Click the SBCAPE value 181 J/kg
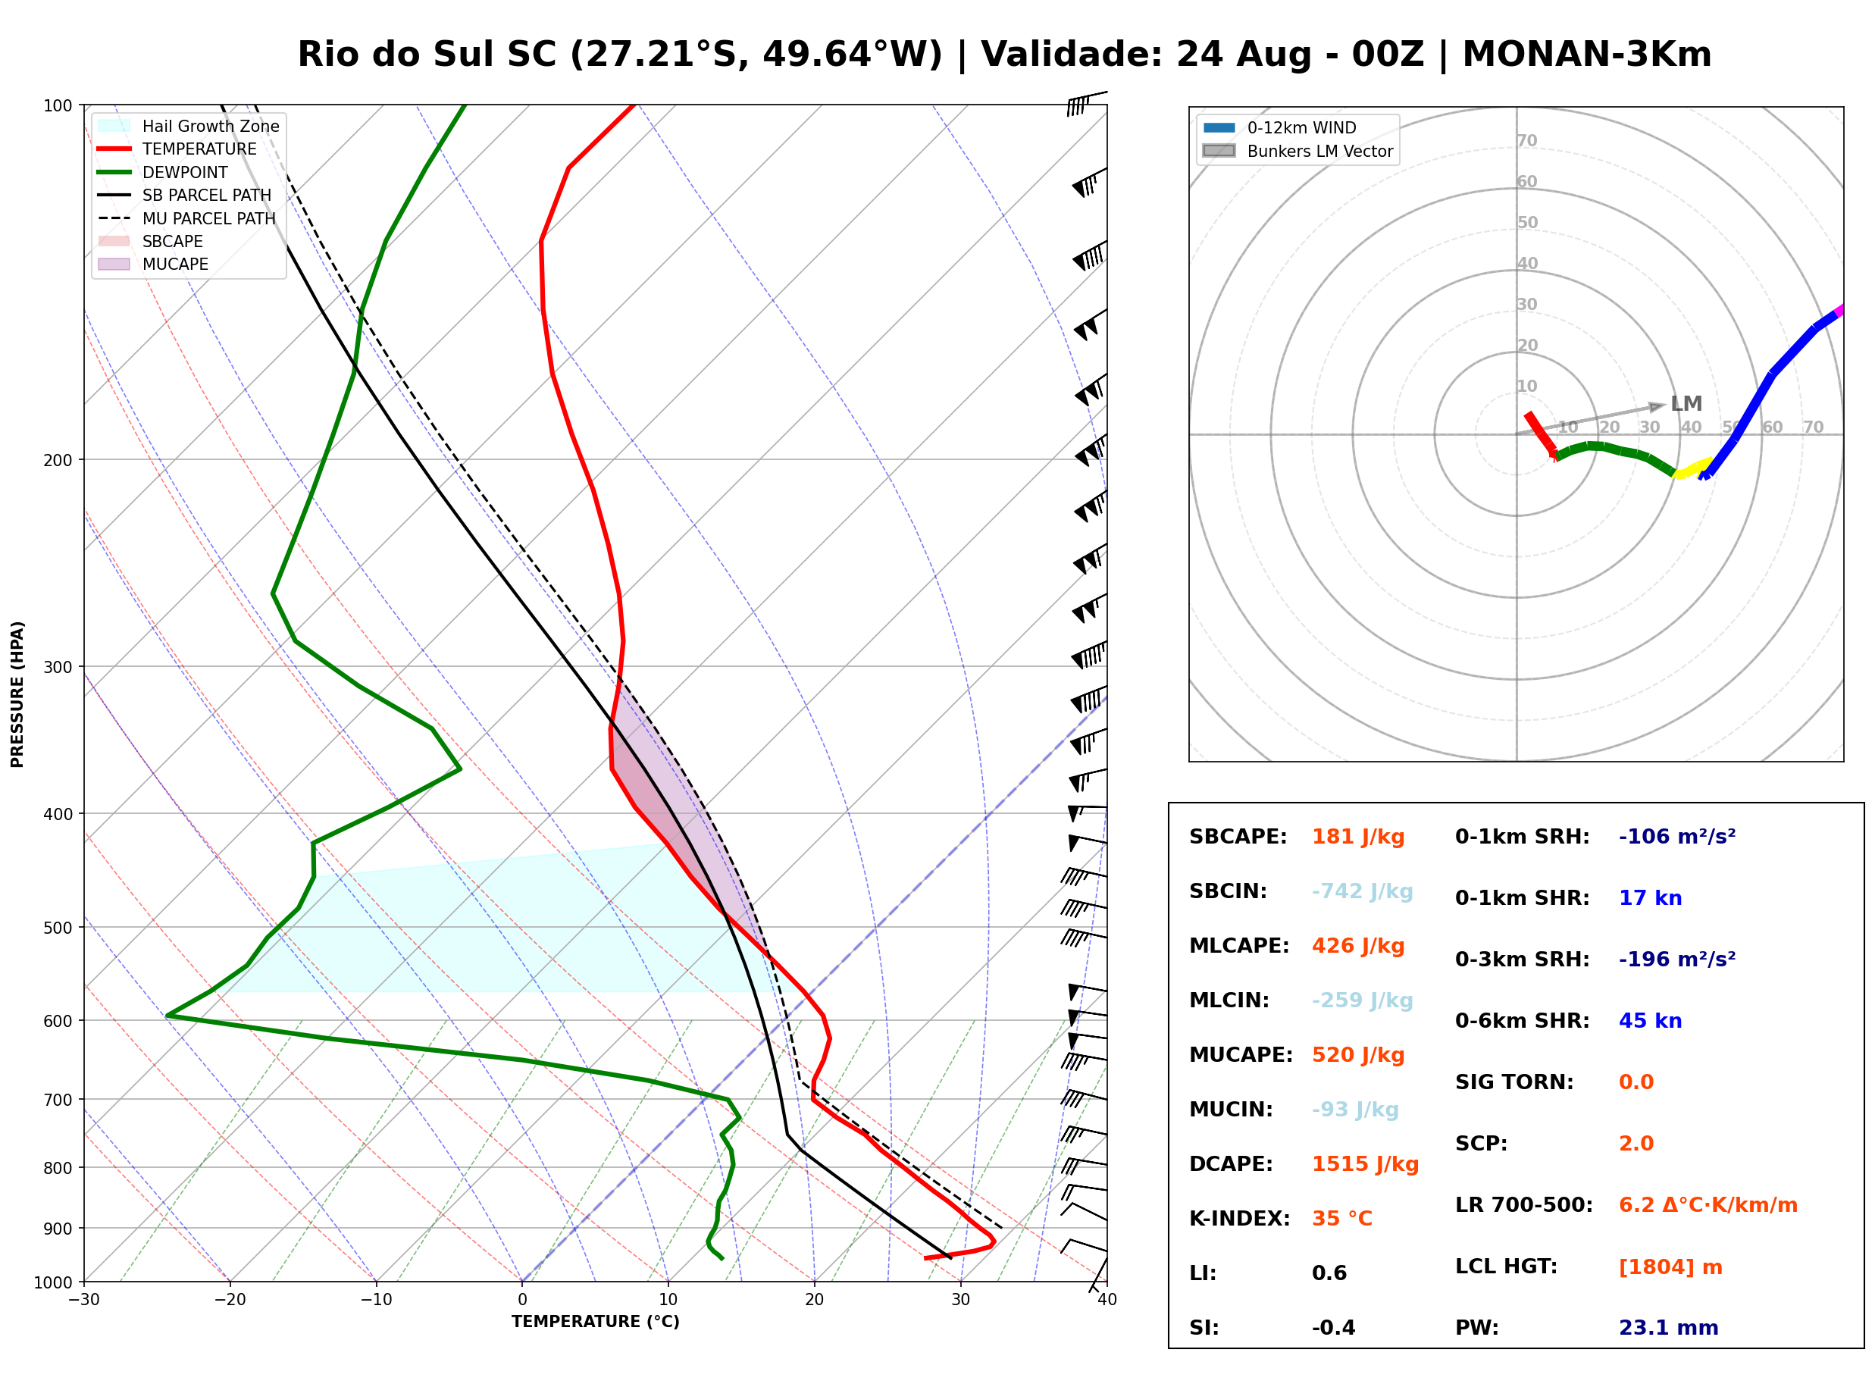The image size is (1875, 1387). coord(1358,837)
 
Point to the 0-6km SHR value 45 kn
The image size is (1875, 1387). coord(1650,1021)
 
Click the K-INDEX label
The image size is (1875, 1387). coord(1240,1219)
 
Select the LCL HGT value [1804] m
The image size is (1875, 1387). coord(1670,1267)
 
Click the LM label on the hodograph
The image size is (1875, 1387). coord(1686,404)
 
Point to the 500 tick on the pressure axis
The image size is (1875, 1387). coord(57,928)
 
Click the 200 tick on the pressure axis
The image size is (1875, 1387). coord(57,460)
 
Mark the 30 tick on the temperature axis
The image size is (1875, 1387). coord(960,1300)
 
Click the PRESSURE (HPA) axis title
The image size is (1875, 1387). coord(17,694)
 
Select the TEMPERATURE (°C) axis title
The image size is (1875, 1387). coord(595,1322)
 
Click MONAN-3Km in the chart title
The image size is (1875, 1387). coord(1586,55)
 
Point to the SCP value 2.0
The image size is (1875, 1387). coord(1636,1144)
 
